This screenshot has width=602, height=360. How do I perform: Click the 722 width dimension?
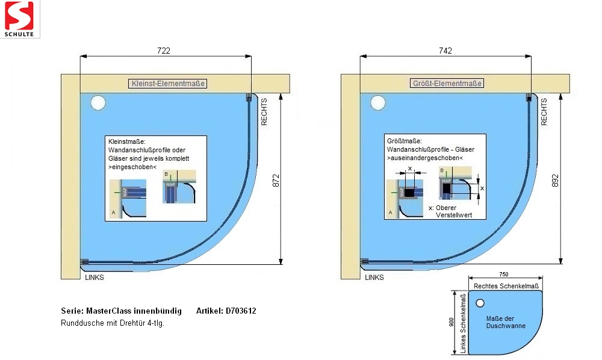tap(163, 51)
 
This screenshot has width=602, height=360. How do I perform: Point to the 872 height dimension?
tap(276, 180)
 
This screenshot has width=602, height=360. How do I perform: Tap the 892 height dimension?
tap(555, 180)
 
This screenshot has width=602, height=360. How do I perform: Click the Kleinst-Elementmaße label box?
tap(168, 84)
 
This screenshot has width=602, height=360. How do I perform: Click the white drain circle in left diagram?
tap(98, 103)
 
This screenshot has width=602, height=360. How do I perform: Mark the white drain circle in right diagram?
tap(378, 103)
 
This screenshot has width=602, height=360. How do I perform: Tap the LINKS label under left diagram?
tap(95, 278)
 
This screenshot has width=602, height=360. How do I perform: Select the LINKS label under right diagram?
tap(374, 278)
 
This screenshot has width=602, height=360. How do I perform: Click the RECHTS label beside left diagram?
tap(264, 112)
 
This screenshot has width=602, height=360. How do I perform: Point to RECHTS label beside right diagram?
tap(544, 112)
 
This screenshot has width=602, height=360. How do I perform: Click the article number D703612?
tap(241, 311)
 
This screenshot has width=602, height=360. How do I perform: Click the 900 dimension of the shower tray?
tap(451, 323)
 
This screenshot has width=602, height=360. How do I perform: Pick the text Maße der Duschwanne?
tap(506, 322)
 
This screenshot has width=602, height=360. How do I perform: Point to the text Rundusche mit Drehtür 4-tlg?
tap(113, 323)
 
